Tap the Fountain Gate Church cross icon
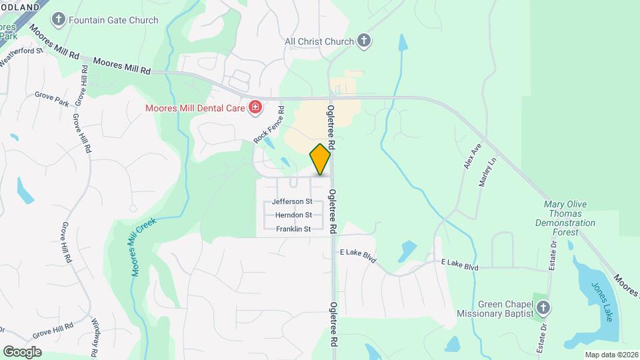(x=59, y=19)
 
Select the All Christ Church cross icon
(x=363, y=41)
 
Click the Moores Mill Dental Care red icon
(x=254, y=107)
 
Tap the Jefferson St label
(x=292, y=201)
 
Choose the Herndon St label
(x=293, y=215)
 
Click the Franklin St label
(x=293, y=229)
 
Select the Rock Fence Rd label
(x=269, y=125)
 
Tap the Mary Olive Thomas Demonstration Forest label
(x=569, y=219)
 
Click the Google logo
(x=22, y=352)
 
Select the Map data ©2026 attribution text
(x=611, y=355)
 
